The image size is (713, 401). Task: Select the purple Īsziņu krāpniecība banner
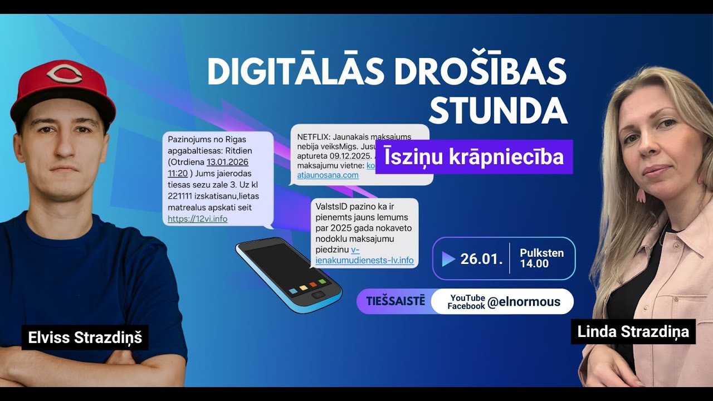coord(473,157)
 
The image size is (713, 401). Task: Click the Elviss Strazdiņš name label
coord(85,338)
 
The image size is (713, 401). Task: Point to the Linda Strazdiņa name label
coord(633,332)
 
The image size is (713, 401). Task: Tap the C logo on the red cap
coord(64,74)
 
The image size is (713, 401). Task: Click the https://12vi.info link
coord(197,219)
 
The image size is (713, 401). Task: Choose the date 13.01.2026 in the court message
coord(227,162)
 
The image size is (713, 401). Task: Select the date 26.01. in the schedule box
coord(481,259)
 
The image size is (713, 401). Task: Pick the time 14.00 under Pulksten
coord(534,263)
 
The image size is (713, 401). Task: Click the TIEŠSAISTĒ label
coord(395,301)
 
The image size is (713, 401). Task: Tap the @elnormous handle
coord(524,302)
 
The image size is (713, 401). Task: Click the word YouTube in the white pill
coord(467,298)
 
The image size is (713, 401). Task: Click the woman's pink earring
coord(641,195)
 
